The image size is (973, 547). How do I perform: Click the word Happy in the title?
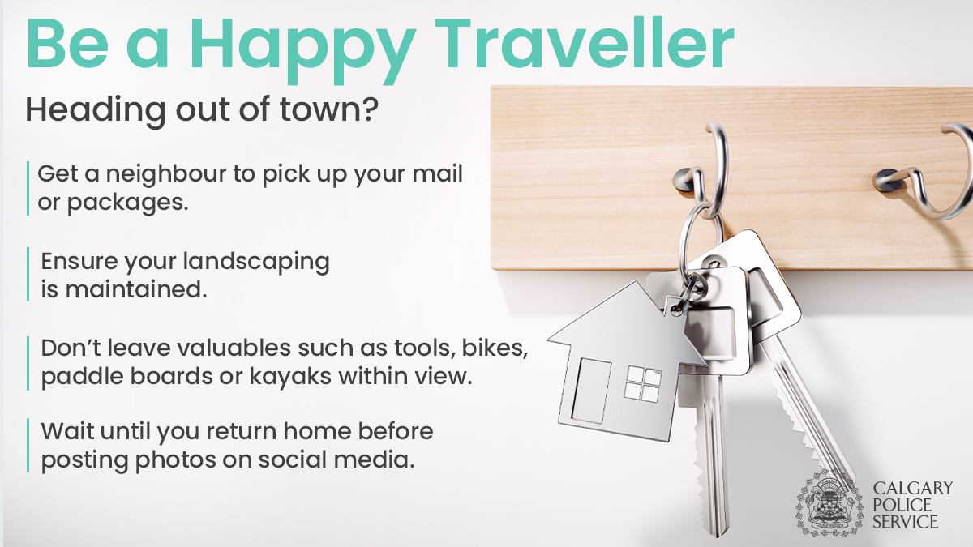coord(302,50)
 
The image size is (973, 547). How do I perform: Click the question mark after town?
coord(370,109)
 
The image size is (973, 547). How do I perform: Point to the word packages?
coord(128,203)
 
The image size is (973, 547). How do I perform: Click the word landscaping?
coord(256,263)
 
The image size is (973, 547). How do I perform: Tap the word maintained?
coord(136,289)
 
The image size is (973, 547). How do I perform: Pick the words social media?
coord(336,459)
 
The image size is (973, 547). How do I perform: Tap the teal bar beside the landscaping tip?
coord(28,275)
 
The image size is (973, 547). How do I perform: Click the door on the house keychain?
coord(591,391)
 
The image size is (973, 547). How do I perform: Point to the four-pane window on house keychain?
coord(643,384)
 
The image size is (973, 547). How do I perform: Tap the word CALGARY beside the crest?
coord(913,488)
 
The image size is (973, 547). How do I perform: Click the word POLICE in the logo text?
coord(902,505)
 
